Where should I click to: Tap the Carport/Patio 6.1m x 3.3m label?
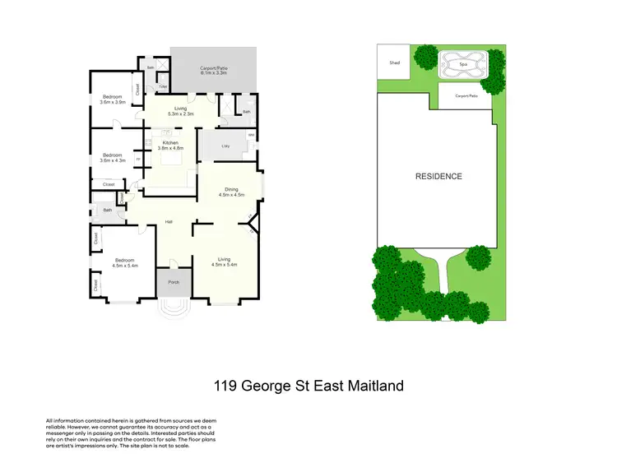[x=213, y=72]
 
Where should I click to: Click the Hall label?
[x=168, y=221]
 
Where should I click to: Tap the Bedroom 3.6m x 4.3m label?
[x=112, y=157]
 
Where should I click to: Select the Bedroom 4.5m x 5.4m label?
[x=125, y=263]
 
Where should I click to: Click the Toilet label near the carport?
[x=163, y=86]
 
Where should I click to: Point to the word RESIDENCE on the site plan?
[x=438, y=176]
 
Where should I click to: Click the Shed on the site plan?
[x=391, y=62]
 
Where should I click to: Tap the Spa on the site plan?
[x=463, y=63]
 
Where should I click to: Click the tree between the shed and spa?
[x=425, y=58]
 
